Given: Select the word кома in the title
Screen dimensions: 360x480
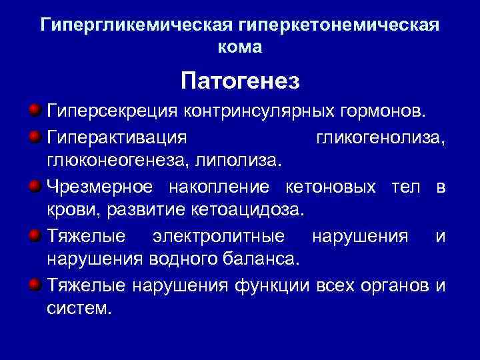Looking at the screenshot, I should [x=240, y=48].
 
